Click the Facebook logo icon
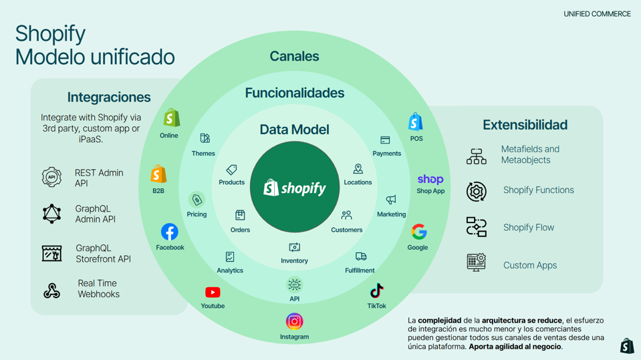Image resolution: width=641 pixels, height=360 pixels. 170,232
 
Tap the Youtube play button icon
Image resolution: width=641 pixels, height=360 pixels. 213,292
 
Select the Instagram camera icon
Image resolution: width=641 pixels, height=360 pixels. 294,321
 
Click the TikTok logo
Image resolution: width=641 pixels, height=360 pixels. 376,291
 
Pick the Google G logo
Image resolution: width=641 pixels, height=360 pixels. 418,232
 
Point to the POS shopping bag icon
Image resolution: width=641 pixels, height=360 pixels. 416,122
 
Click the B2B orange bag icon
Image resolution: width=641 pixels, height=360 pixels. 158,174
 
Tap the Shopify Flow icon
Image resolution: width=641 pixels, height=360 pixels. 476,227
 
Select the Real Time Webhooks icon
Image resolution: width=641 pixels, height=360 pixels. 51,290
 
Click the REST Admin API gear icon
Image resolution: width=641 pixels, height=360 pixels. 51,178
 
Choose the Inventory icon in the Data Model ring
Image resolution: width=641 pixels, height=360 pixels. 294,248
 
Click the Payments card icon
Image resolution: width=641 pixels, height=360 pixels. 385,140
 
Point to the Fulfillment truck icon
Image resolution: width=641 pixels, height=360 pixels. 361,256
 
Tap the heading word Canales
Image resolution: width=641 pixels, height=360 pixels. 294,57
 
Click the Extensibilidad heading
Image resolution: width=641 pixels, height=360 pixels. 525,125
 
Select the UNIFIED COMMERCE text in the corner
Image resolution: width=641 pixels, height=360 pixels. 597,14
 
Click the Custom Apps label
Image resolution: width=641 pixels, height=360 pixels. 530,265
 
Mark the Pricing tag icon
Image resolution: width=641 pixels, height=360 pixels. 197,200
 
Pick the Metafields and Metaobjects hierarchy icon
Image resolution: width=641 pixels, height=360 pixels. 476,156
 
